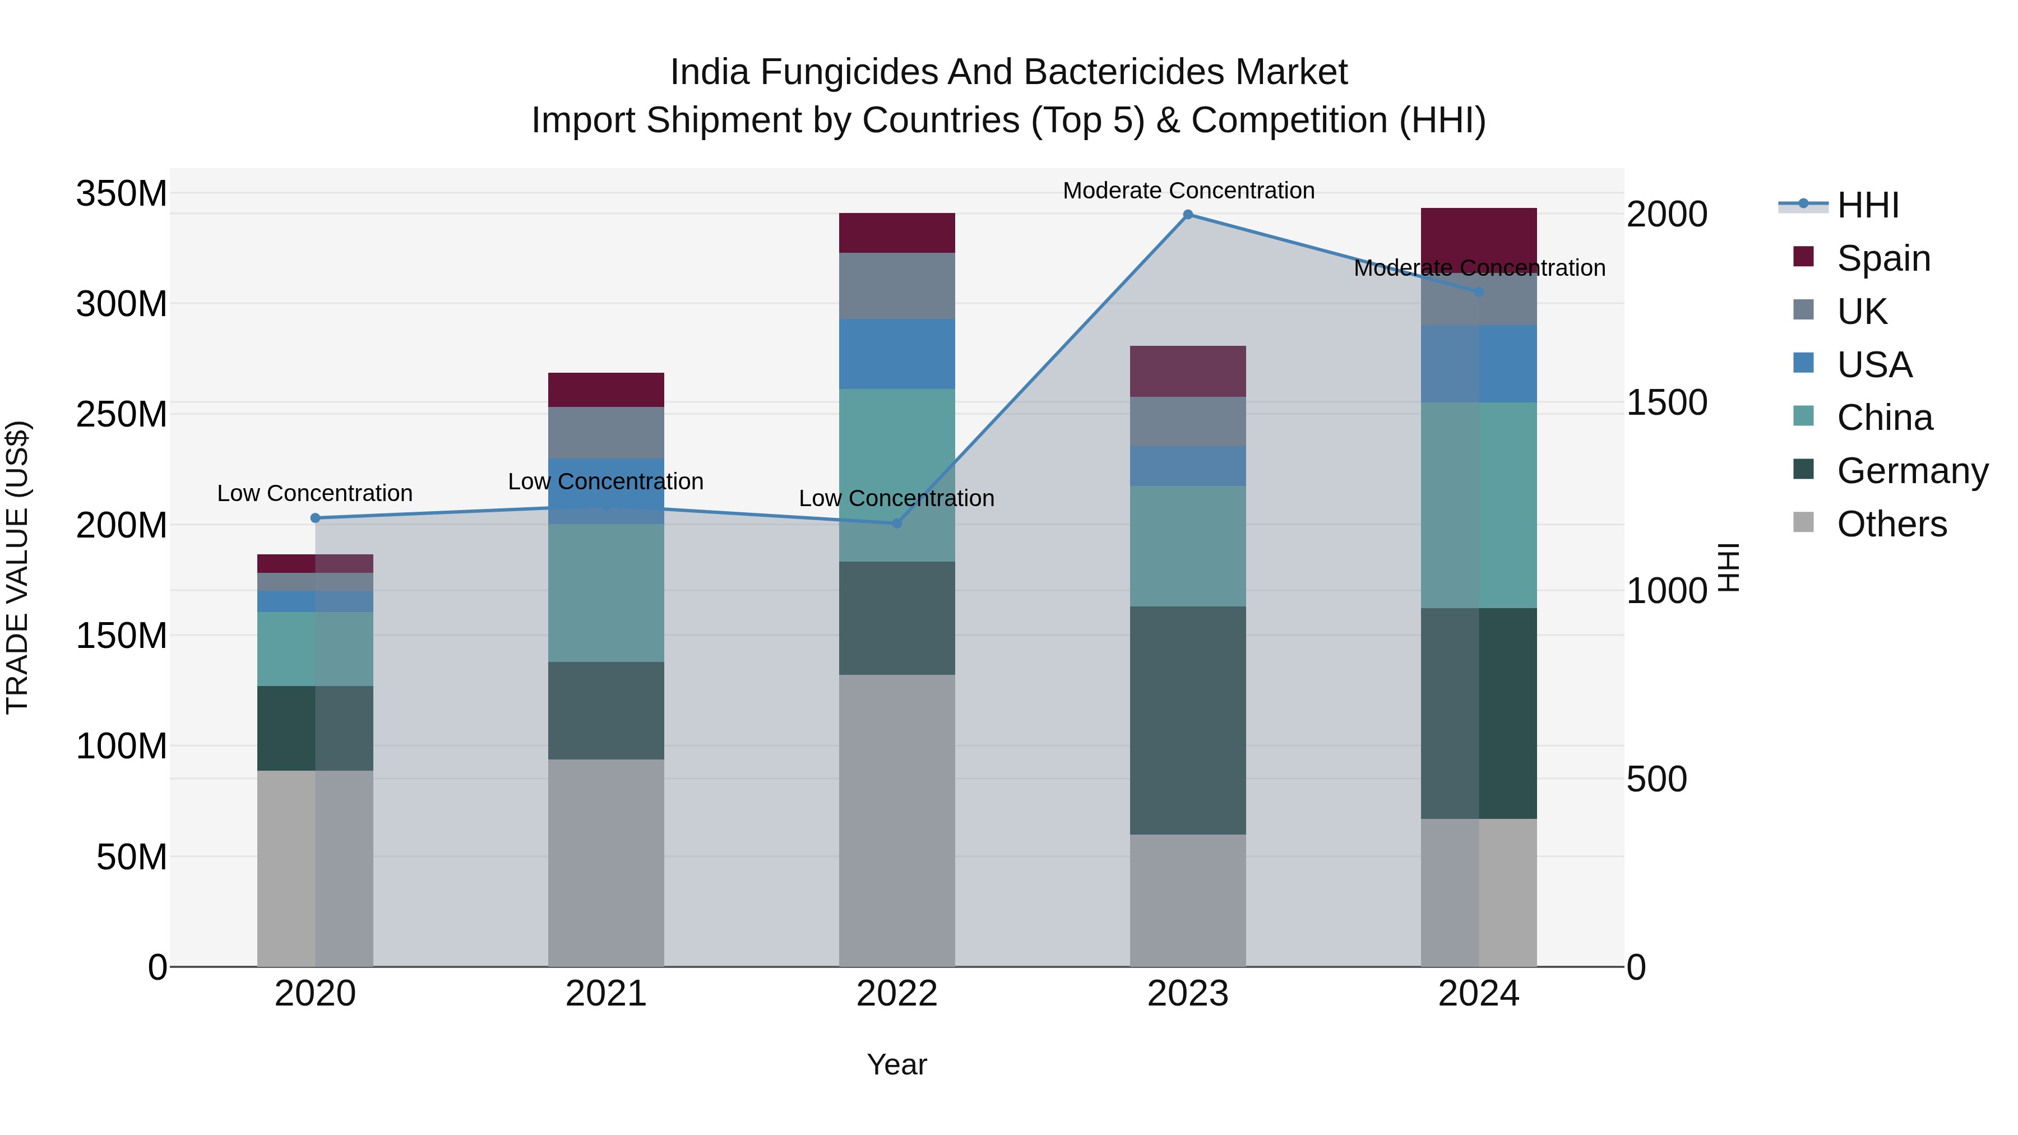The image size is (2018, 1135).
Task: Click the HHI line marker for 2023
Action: coord(1188,214)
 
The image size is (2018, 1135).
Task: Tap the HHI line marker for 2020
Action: coord(315,518)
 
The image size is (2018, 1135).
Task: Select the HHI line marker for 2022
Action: coord(897,524)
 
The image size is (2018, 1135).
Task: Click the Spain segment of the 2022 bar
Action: coord(897,233)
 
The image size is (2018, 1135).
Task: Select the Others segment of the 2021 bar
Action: coord(605,863)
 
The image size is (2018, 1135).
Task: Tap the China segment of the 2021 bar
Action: coord(605,592)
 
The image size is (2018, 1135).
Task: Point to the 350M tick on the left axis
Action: coord(122,193)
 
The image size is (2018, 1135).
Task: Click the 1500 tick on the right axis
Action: coord(1667,402)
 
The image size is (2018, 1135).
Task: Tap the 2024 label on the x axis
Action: coord(1478,994)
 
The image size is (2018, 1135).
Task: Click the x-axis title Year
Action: coord(897,1064)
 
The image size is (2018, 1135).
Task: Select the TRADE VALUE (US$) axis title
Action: coord(17,567)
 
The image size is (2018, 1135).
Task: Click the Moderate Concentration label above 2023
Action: coord(1188,191)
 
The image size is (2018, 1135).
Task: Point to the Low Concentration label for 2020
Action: coord(315,493)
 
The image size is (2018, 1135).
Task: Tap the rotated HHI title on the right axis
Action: coord(1728,567)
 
